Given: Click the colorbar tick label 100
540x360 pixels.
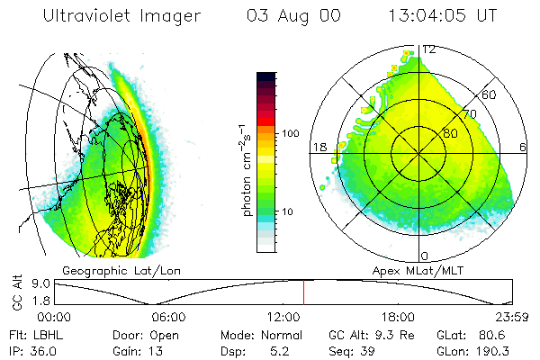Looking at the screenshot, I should pos(291,133).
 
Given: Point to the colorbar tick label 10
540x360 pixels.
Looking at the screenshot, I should pos(288,212).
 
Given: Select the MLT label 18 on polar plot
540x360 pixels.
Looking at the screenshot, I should pos(318,147).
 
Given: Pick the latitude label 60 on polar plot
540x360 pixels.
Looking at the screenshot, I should pos(490,94).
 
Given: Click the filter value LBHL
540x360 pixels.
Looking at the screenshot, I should pos(44,335).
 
